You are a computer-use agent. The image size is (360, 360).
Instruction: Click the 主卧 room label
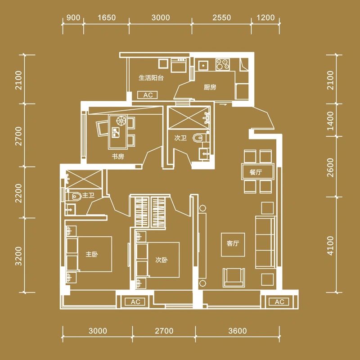click(x=92, y=254)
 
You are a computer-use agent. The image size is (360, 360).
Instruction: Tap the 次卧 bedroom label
click(x=162, y=260)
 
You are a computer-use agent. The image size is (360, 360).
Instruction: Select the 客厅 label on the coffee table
click(x=233, y=243)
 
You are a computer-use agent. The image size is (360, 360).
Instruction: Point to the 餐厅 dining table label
click(x=256, y=172)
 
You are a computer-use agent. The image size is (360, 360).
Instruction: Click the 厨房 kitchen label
click(x=210, y=87)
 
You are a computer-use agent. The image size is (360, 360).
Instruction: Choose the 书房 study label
click(x=118, y=157)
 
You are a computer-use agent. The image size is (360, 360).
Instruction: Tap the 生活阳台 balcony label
click(x=151, y=78)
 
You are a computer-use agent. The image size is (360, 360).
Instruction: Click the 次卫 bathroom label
click(x=180, y=138)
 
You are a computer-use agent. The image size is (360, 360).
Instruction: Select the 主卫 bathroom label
click(x=88, y=195)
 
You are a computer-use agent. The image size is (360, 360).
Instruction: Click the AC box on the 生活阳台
click(x=148, y=95)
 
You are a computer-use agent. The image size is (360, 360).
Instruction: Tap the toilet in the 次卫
click(x=198, y=138)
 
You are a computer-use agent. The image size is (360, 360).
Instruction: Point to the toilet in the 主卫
click(x=76, y=197)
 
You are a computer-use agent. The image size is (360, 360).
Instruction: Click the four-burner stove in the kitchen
click(x=222, y=64)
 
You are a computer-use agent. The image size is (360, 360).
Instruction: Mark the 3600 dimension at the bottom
click(x=238, y=331)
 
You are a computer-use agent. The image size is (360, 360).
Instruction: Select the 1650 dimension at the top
click(x=107, y=18)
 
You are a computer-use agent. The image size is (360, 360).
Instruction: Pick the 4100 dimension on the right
click(x=330, y=245)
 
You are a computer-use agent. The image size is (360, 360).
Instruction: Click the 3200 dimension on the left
click(x=18, y=256)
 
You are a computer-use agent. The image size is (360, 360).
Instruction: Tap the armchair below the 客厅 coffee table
click(x=234, y=277)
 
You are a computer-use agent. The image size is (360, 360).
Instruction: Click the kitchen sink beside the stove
click(x=203, y=65)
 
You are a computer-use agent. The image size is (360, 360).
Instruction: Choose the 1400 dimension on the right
click(x=330, y=121)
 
